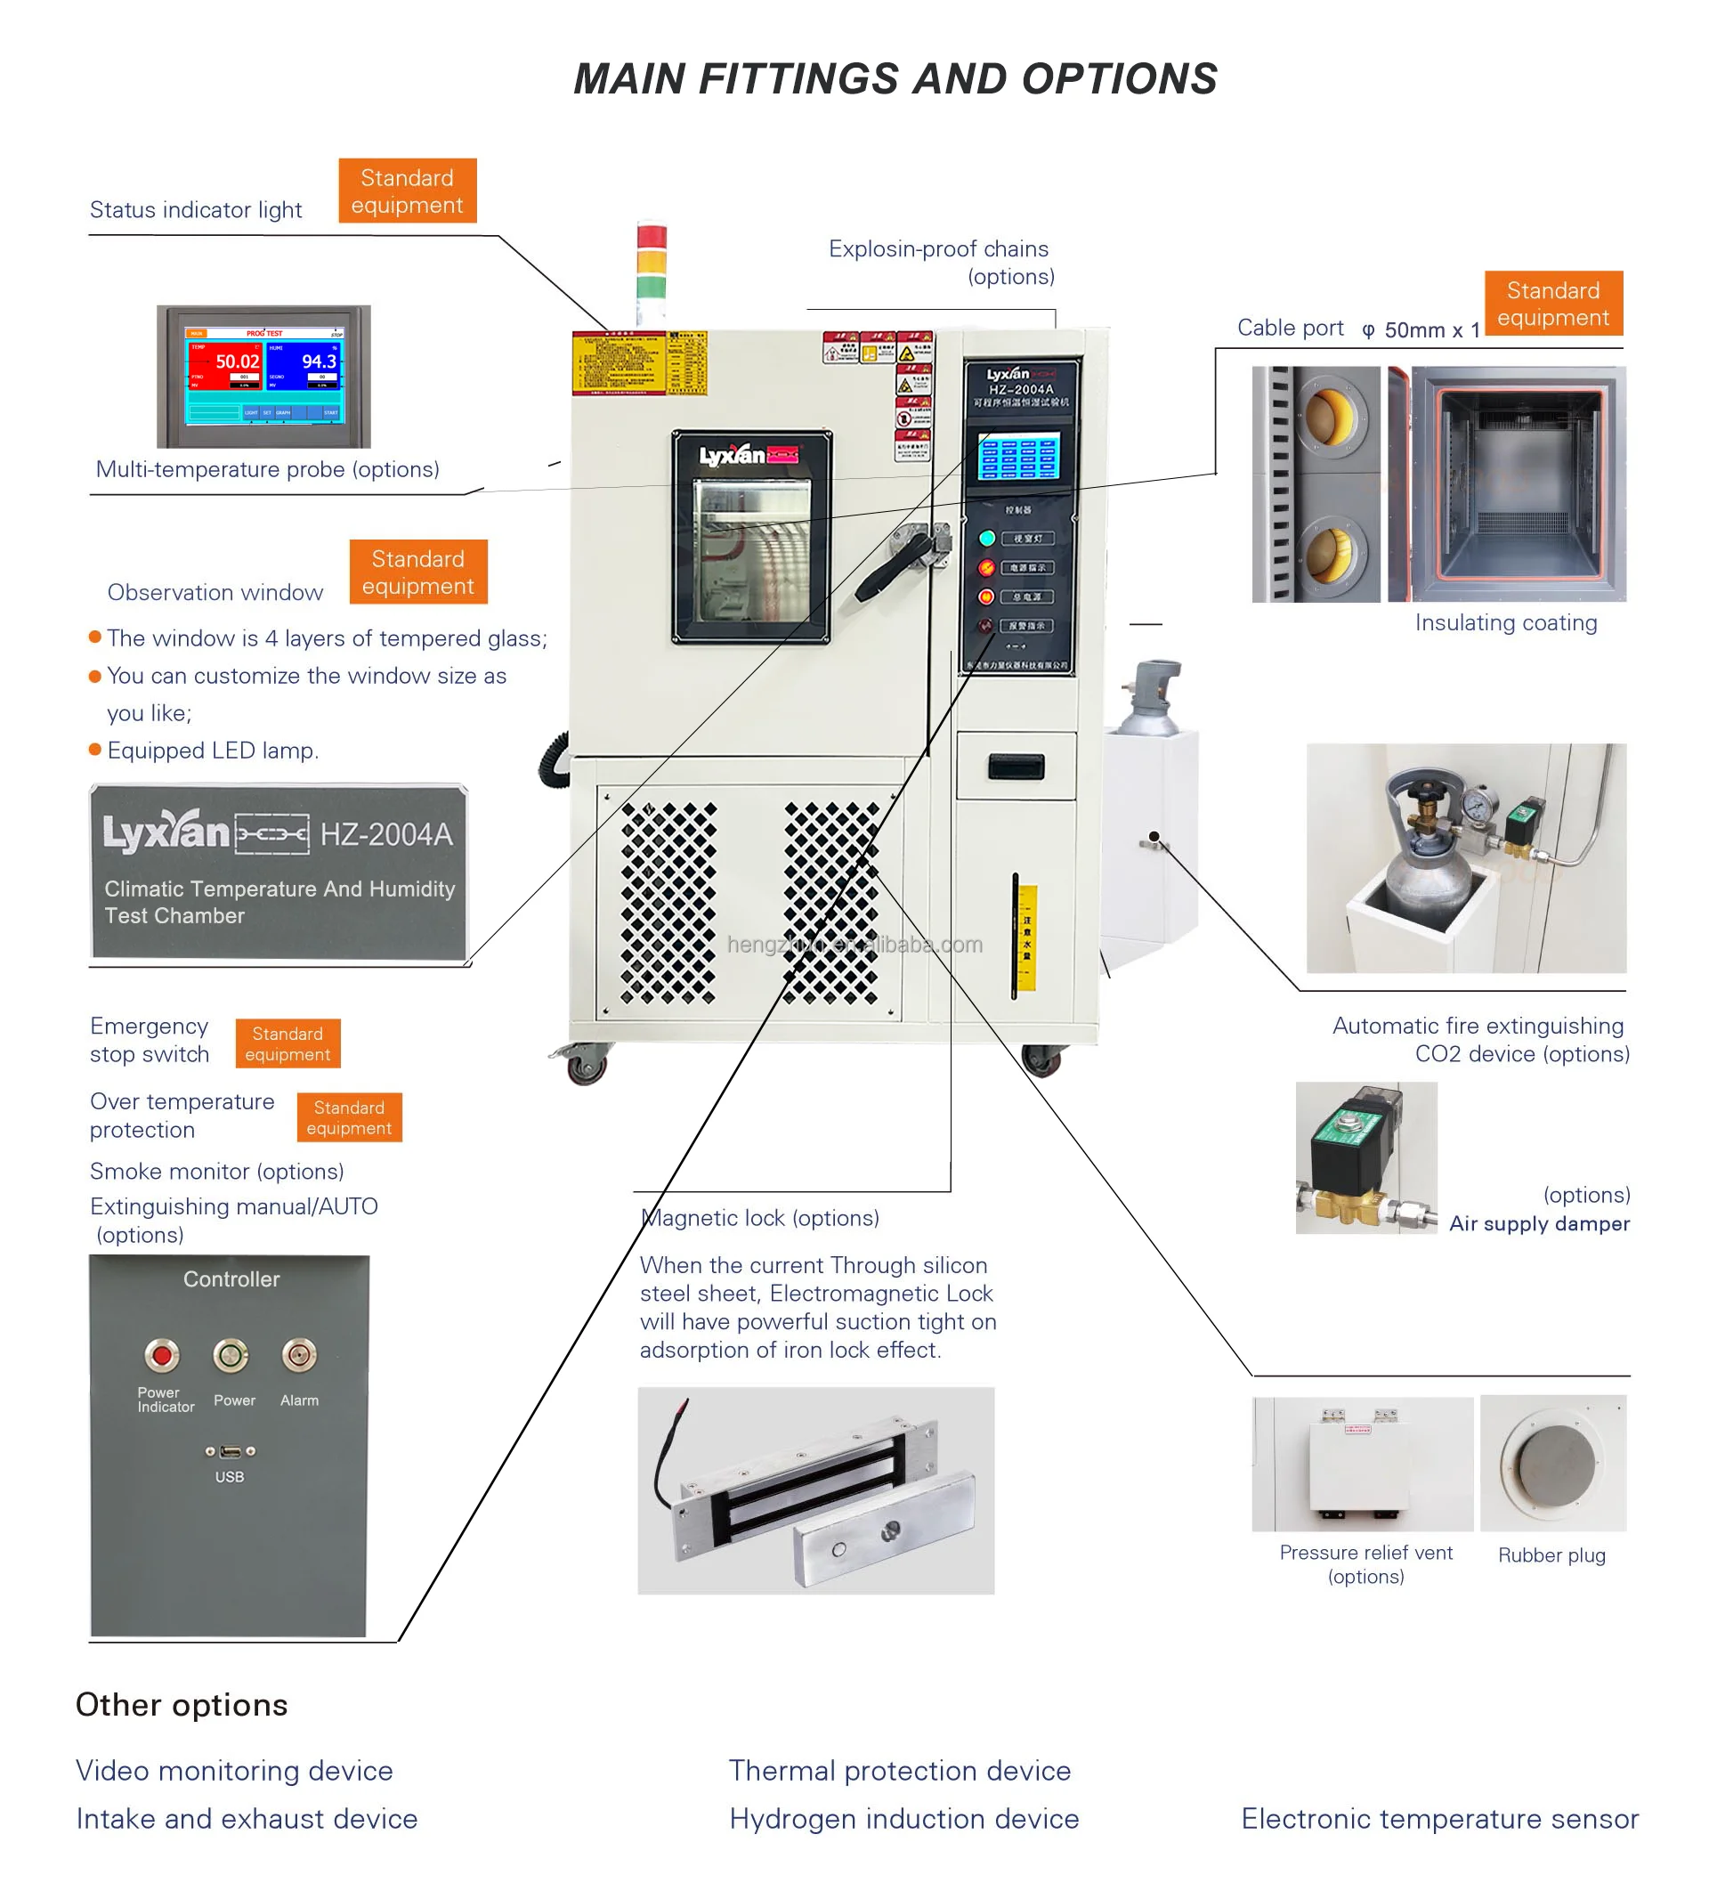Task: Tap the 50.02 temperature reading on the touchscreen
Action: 237,362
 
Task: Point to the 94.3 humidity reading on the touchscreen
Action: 318,362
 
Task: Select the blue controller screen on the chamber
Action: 1017,456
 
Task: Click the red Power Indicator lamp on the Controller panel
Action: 162,1354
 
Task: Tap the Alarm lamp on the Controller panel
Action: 299,1354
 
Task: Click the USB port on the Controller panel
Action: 230,1452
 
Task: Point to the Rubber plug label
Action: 1551,1555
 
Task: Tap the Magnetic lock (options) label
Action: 760,1218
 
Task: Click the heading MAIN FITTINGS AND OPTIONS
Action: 895,78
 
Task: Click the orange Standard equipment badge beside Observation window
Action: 417,572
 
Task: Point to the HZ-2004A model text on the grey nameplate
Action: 386,834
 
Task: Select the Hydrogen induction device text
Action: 903,1819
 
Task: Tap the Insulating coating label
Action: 1505,623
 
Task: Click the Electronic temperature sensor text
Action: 1440,1819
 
